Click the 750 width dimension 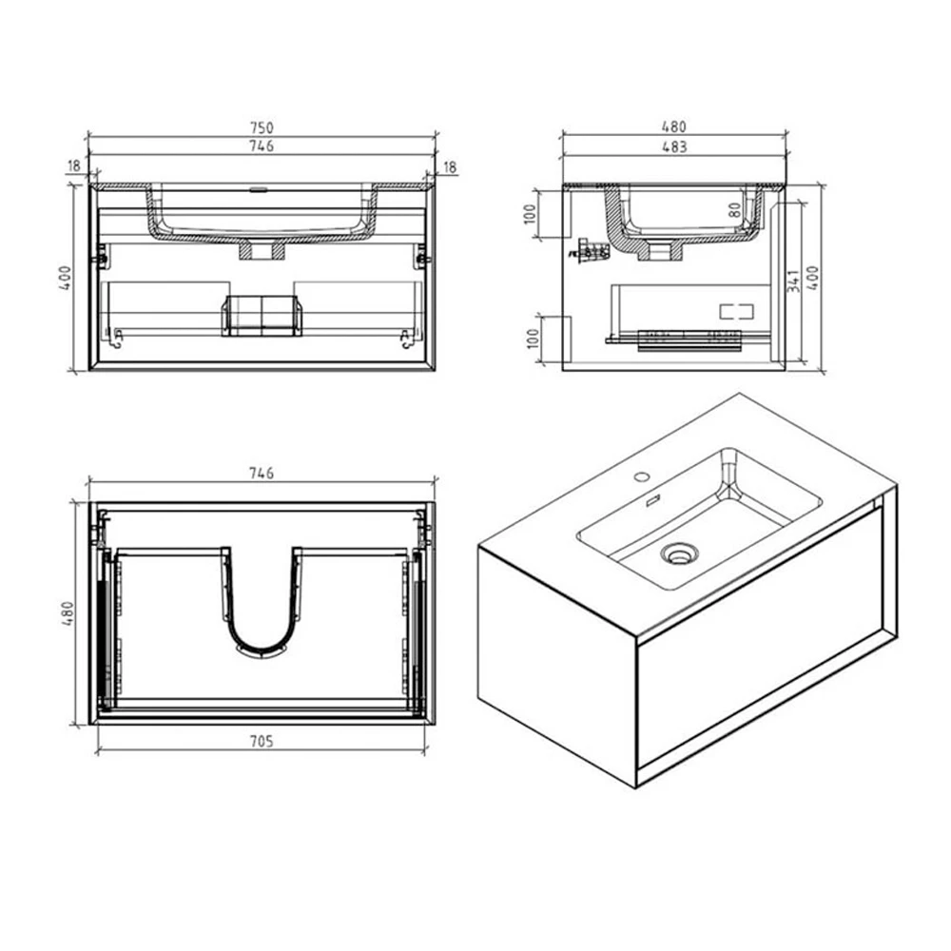pos(262,127)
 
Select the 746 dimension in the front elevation pos(262,146)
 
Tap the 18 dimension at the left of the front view pos(73,165)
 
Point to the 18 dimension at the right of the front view pos(451,166)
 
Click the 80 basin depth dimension pos(734,210)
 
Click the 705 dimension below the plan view pos(262,743)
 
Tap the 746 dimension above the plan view pos(262,473)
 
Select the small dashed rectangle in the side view pos(735,310)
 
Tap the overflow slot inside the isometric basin pos(652,501)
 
